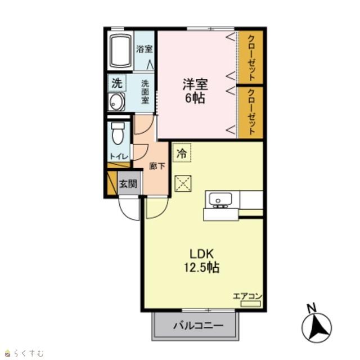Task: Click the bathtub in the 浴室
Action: point(121,51)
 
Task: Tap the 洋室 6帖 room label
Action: point(195,91)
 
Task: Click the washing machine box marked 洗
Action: point(117,83)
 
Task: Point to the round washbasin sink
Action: point(117,102)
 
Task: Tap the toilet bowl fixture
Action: point(118,133)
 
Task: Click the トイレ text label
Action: point(119,156)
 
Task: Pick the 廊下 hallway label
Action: point(157,166)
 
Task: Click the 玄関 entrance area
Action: point(129,184)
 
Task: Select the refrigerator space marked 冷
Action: point(182,152)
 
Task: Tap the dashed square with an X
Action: point(183,183)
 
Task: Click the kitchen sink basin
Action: point(220,199)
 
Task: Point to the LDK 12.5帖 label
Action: point(202,261)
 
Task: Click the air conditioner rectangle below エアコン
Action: point(250,304)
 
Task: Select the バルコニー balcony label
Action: point(198,326)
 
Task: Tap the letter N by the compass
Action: point(312,308)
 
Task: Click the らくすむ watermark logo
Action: point(25,353)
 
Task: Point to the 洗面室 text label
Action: point(145,92)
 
